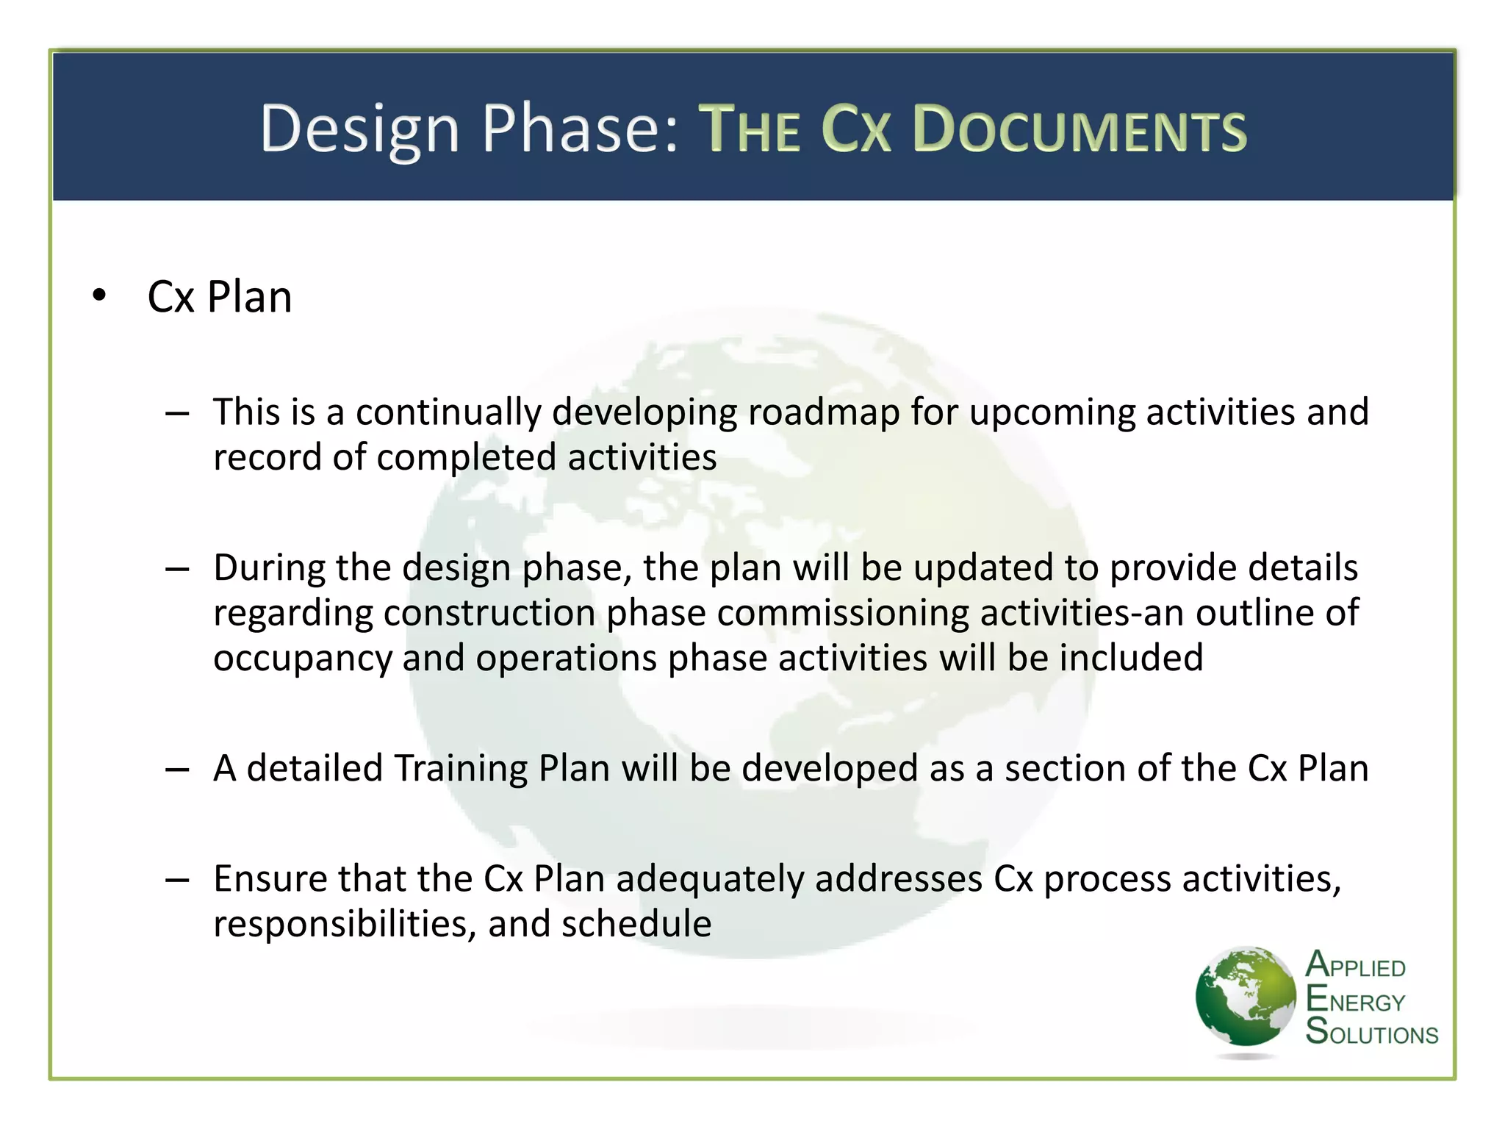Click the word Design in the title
(x=359, y=129)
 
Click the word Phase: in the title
(x=581, y=129)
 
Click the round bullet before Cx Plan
(x=99, y=296)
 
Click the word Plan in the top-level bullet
(x=249, y=297)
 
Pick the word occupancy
(x=303, y=659)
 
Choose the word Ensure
(x=270, y=879)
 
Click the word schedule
(x=636, y=924)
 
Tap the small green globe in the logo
(x=1245, y=997)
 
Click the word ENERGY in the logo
(x=1355, y=1001)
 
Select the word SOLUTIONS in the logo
(x=1371, y=1033)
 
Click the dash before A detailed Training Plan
(x=177, y=770)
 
